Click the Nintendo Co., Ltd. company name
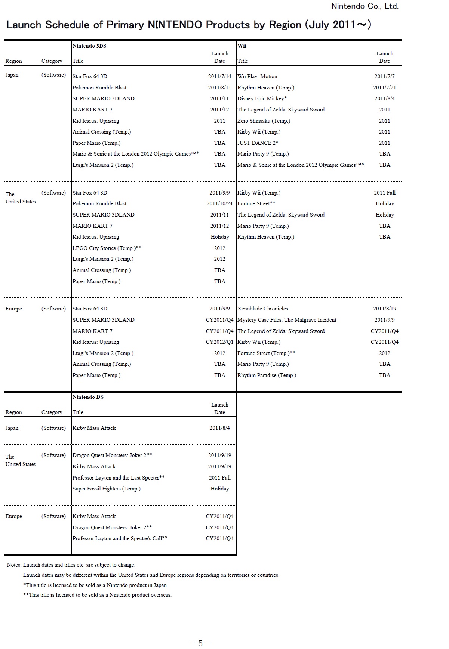coord(365,6)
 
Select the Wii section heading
coord(242,46)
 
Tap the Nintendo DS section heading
coord(88,397)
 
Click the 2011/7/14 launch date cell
coord(219,76)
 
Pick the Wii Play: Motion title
coord(257,76)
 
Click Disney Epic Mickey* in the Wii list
coord(262,98)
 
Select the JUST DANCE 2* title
coord(258,143)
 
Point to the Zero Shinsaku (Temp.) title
coord(264,121)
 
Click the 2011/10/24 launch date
coord(219,203)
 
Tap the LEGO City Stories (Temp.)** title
coord(107,248)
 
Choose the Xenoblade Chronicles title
coord(263,309)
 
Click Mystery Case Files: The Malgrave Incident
coord(287,320)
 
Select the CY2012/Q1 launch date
coord(219,342)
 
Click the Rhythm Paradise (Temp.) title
coord(267,375)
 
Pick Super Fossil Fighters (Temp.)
coord(107,489)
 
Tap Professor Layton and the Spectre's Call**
coord(120,538)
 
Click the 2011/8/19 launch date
coord(384,309)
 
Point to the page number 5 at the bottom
coord(200,643)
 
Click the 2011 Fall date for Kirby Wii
coord(384,193)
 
